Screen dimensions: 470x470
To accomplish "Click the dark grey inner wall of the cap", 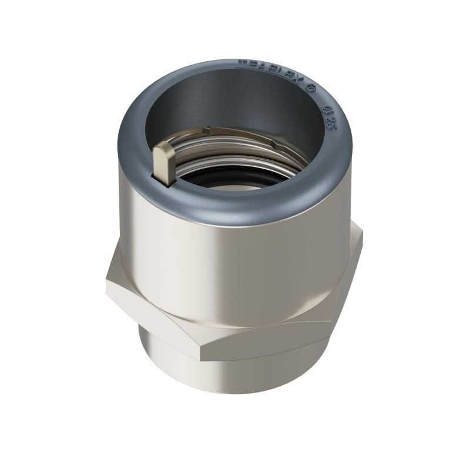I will (x=235, y=100).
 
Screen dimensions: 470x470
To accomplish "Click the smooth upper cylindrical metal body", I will (x=235, y=264).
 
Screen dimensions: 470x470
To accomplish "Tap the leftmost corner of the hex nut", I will (x=108, y=282).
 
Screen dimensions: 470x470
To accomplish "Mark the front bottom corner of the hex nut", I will (x=201, y=357).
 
